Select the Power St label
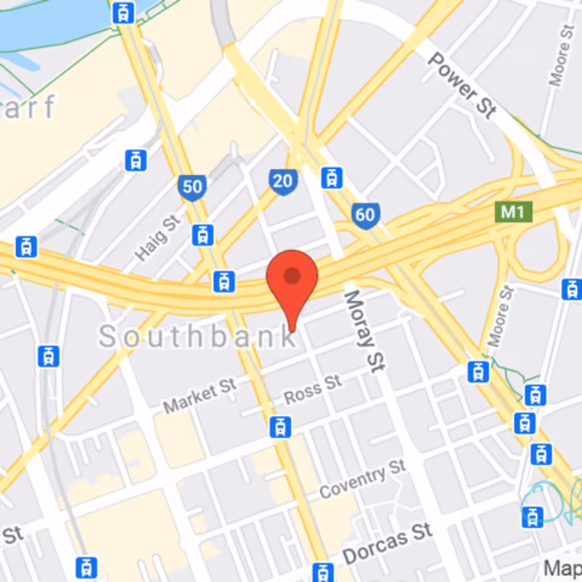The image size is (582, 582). (x=461, y=85)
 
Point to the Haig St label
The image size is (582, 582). (x=157, y=237)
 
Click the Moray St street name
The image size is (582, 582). (x=363, y=330)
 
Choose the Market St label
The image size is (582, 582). (x=200, y=396)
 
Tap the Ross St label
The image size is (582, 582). (x=313, y=389)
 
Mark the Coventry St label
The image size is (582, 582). (x=362, y=479)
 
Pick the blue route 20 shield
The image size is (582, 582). (x=282, y=182)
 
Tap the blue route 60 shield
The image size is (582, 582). (x=365, y=214)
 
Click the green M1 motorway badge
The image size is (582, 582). (x=514, y=212)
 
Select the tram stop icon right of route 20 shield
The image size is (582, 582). (x=332, y=177)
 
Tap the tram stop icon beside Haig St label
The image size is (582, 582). (x=203, y=234)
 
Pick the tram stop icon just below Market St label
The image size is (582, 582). (x=279, y=426)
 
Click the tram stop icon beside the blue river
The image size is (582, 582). (x=123, y=12)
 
